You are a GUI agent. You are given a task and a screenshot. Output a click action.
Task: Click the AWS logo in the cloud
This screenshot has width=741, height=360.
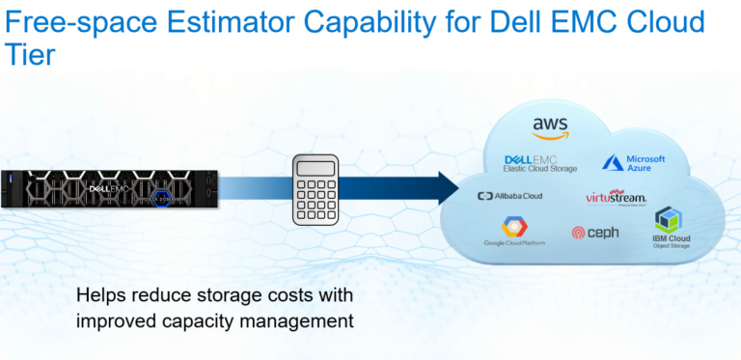pos(550,127)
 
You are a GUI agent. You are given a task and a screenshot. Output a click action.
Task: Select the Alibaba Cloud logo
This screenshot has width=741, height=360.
pos(510,196)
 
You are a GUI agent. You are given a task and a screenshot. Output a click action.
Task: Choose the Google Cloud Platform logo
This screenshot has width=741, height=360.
pos(514,232)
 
